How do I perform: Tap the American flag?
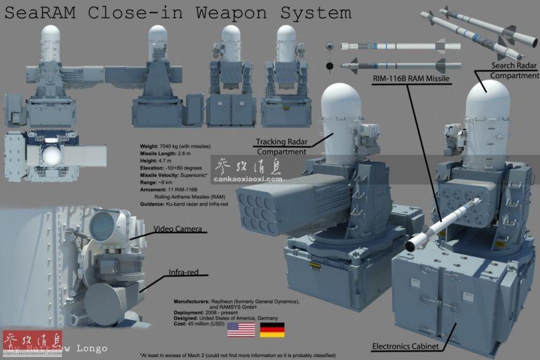click(241, 330)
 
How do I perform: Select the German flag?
click(272, 330)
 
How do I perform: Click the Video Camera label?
click(178, 228)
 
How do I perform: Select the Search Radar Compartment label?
click(512, 70)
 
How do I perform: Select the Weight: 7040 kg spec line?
click(175, 146)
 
